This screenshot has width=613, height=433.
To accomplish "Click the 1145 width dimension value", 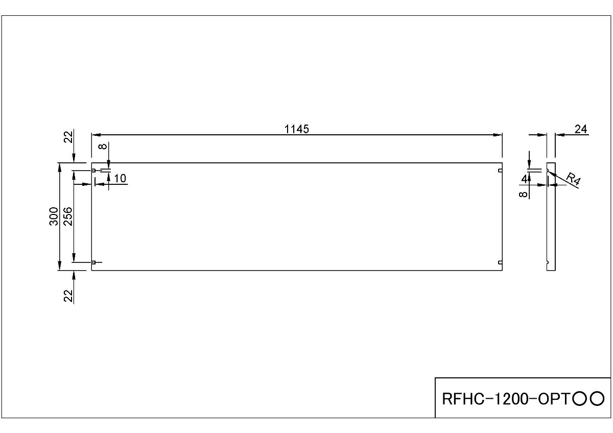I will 297,129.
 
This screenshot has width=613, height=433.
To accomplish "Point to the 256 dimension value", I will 68,217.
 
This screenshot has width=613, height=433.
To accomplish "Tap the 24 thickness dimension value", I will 580,129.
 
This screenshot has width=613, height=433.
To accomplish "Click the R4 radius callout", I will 574,180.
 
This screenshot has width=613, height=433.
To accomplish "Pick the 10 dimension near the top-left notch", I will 120,178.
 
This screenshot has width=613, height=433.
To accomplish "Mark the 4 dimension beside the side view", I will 524,178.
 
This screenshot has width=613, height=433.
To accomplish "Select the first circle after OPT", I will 580,398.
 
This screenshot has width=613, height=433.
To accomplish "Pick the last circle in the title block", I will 597,398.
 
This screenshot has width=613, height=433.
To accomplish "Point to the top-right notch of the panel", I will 500,171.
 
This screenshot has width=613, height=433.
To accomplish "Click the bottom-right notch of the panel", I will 500,262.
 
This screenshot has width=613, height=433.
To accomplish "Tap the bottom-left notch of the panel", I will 94,262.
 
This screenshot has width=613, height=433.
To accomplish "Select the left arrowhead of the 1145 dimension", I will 96,135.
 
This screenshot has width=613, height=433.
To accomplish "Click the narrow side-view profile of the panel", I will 551,217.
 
